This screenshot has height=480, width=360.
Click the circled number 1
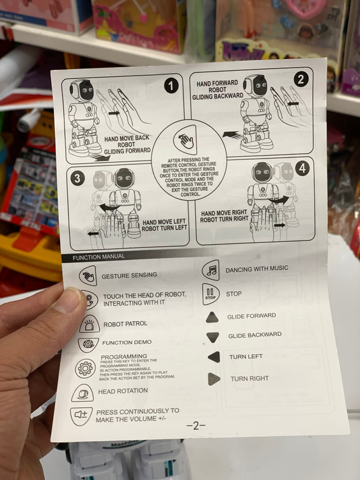point(171,85)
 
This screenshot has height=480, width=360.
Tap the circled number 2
point(301,79)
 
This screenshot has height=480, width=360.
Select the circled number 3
point(77,178)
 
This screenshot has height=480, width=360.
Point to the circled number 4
point(302,168)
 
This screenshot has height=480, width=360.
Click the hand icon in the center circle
point(185,140)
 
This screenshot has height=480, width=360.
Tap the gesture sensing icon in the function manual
point(88,275)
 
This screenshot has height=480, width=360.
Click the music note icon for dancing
point(211,270)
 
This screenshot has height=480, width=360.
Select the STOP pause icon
point(211,294)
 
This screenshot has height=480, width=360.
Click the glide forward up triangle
point(212,317)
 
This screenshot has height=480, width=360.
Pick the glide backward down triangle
point(212,337)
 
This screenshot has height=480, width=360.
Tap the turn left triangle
point(214,357)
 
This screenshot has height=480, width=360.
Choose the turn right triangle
point(214,379)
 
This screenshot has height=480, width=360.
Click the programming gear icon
point(85,368)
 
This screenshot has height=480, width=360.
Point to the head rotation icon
point(82,393)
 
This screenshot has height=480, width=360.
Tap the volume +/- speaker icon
point(81,416)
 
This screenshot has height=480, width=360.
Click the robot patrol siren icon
point(90,324)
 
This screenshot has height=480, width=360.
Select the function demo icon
point(88,344)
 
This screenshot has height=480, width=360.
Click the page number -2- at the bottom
point(196,425)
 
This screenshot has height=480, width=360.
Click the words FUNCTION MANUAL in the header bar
point(98,257)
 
